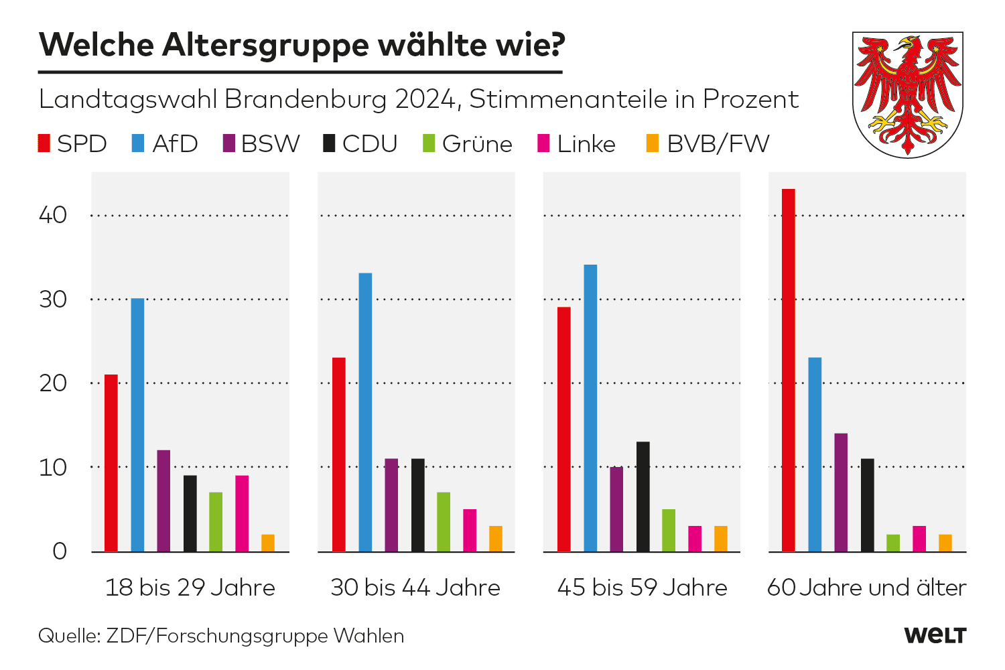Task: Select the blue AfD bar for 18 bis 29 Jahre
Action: (x=137, y=425)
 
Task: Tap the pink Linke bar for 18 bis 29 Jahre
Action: (x=242, y=513)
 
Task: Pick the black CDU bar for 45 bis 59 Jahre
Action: (x=643, y=496)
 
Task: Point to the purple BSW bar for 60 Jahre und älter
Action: (x=841, y=492)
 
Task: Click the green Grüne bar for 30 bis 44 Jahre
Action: (x=444, y=522)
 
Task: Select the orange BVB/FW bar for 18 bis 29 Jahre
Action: (x=268, y=543)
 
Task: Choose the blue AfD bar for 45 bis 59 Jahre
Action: (x=590, y=408)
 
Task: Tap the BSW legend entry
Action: (x=261, y=144)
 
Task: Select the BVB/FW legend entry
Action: (x=708, y=144)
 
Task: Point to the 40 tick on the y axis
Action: (x=53, y=215)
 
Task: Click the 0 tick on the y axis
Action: (x=60, y=551)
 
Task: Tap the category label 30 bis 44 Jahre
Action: (x=415, y=588)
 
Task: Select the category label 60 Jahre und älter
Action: (x=866, y=588)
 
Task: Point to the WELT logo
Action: (x=935, y=635)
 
